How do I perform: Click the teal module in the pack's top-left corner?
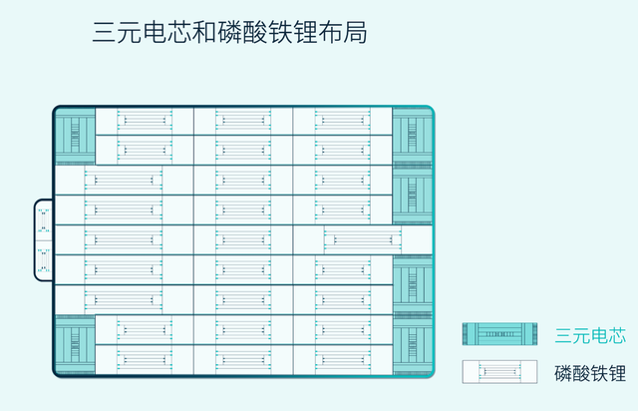pos(75,137)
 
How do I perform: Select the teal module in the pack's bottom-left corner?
pos(75,345)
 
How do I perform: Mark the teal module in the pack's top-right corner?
pos(412,137)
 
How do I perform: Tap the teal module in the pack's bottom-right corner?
pos(412,345)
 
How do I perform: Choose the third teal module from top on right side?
pos(412,285)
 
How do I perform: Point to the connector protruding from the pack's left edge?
pos(44,240)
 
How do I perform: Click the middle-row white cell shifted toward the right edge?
pos(362,240)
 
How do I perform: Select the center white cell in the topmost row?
pos(243,122)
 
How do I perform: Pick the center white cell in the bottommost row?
pos(243,360)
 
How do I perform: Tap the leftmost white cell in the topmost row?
pos(145,122)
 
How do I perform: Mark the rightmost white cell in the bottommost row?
pos(343,360)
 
